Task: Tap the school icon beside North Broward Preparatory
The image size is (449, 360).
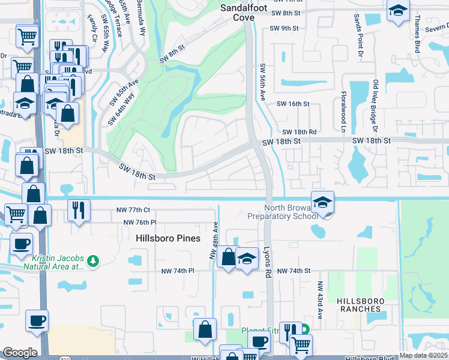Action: click(x=322, y=203)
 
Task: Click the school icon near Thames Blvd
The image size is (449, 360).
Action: click(x=397, y=11)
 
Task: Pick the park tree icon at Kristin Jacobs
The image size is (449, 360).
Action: click(x=92, y=260)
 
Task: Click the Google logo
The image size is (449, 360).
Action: click(x=20, y=352)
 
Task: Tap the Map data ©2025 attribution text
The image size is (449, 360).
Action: click(x=423, y=355)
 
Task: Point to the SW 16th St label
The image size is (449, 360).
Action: click(x=292, y=104)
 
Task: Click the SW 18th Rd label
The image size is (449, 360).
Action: click(x=299, y=131)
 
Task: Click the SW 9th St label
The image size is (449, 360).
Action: click(x=284, y=28)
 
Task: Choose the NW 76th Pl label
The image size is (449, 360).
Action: click(x=139, y=222)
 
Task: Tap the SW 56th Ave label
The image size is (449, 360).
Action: click(x=262, y=82)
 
